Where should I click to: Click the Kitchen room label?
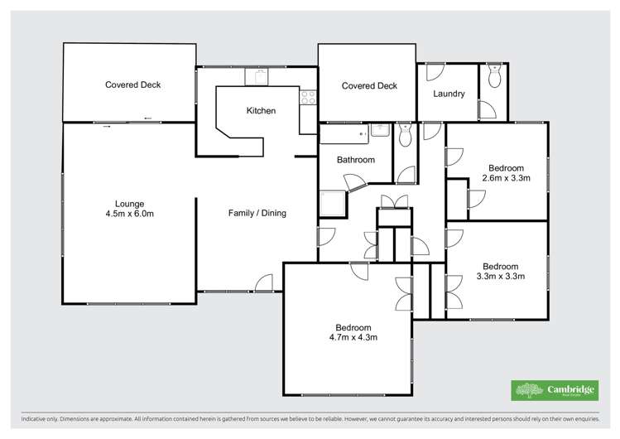(x=261, y=111)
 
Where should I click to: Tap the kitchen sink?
(x=258, y=76)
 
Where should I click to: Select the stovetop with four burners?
(x=308, y=98)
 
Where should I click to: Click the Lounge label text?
(x=130, y=204)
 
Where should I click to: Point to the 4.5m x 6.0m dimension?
(x=130, y=215)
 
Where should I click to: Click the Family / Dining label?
(x=257, y=213)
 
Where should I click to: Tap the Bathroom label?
(x=355, y=160)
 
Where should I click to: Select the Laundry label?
(x=449, y=94)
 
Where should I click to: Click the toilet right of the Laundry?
(x=495, y=76)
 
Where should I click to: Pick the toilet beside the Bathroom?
(x=405, y=136)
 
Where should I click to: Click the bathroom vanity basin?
(x=380, y=131)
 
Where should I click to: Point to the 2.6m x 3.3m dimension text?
(x=506, y=178)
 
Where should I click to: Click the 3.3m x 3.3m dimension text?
(x=500, y=277)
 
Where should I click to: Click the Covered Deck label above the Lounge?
(x=132, y=84)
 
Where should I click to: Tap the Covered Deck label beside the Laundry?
(x=369, y=86)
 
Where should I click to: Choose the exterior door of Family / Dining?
(x=264, y=283)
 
